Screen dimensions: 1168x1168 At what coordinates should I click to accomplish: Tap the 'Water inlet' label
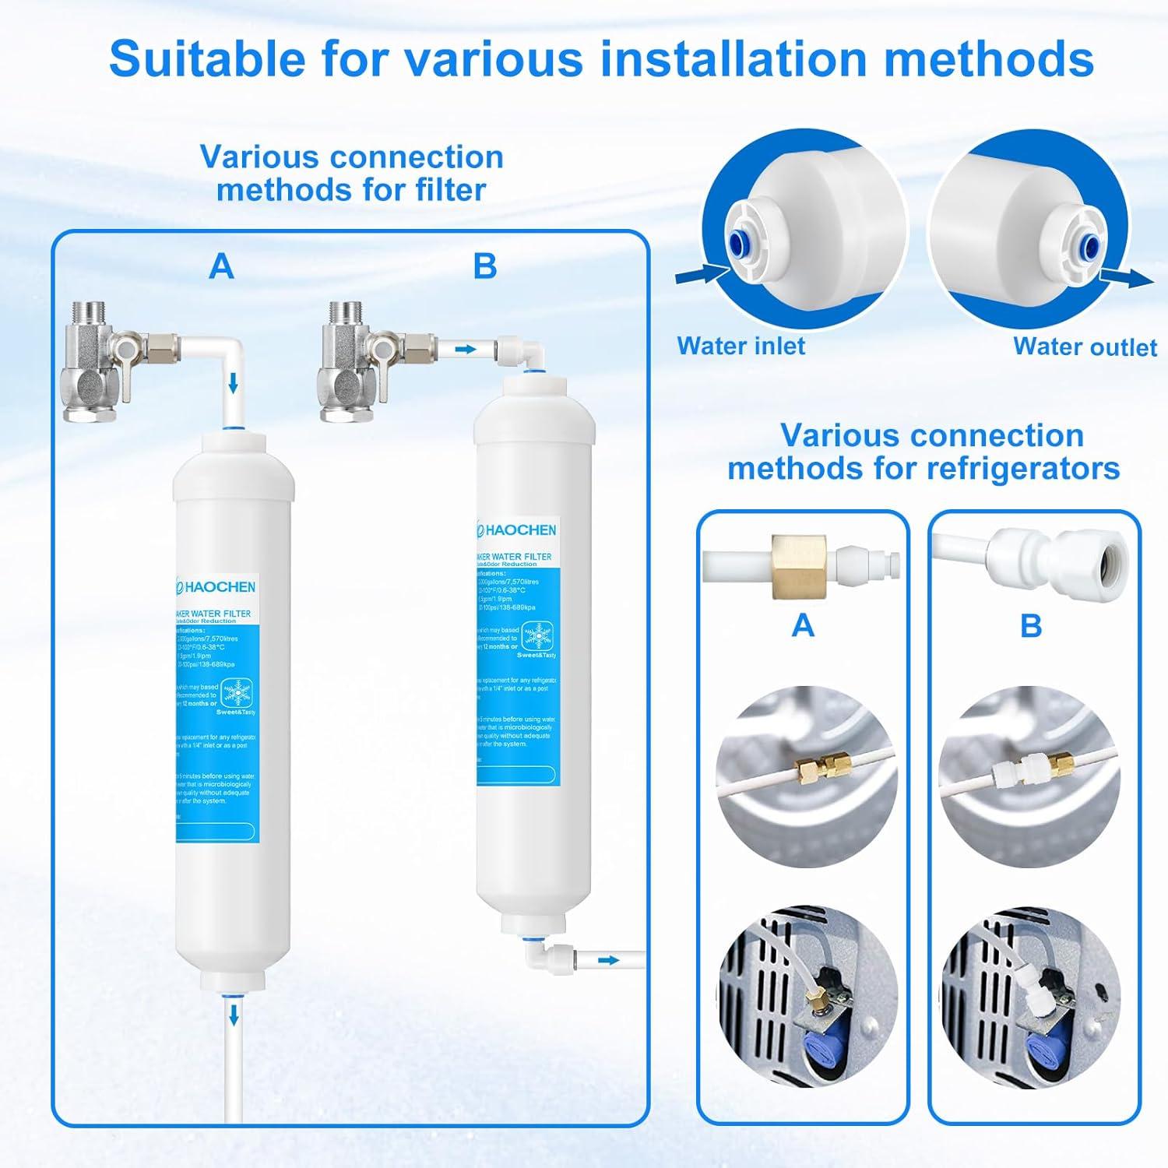pos(741,345)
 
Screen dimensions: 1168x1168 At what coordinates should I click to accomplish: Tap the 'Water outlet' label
pos(1085,347)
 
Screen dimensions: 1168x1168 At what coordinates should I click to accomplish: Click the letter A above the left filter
pos(222,266)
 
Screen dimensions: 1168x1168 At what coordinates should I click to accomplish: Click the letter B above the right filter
pos(484,266)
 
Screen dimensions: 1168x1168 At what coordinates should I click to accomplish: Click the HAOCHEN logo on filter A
pos(216,586)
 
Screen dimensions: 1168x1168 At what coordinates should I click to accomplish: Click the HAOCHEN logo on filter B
pos(517,529)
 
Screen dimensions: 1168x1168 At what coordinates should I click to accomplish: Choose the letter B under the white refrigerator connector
pos(1031,625)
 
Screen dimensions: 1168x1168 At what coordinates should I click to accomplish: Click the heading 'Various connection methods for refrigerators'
pos(923,452)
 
